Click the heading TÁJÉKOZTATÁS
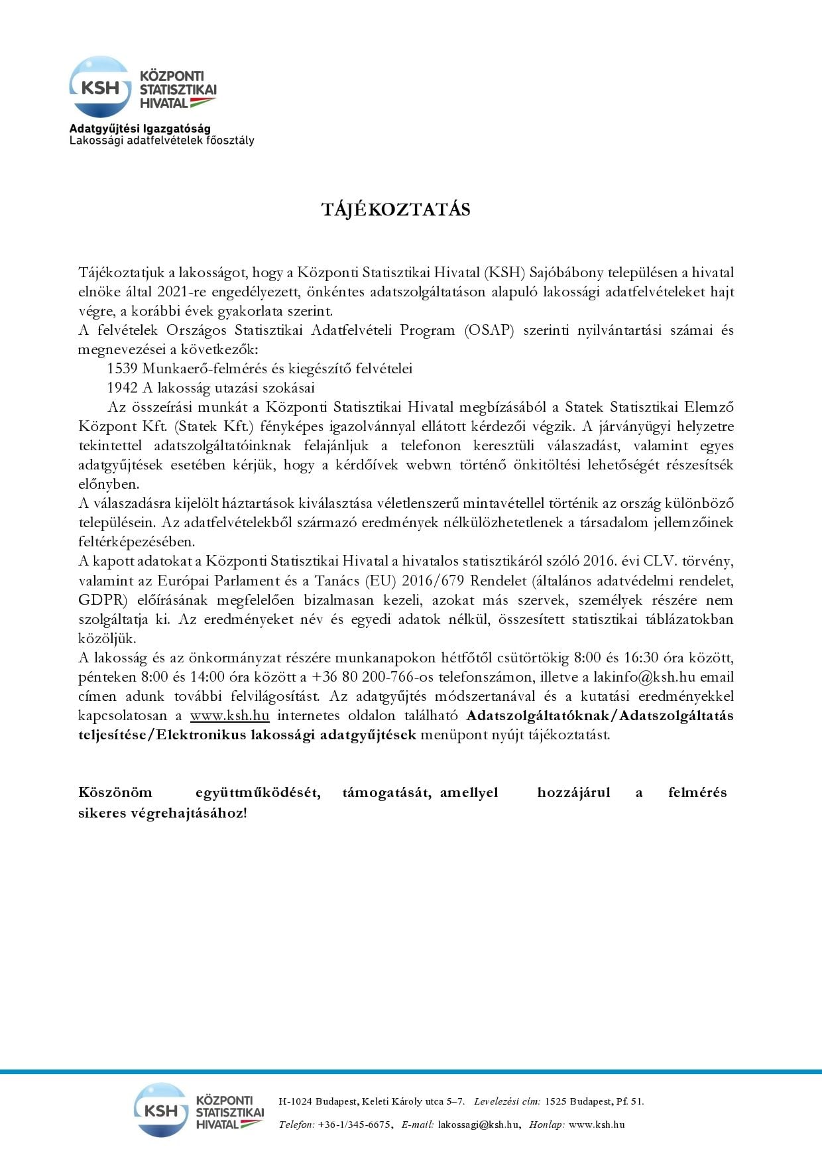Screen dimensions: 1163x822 click(396, 210)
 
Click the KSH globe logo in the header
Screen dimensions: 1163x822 click(100, 87)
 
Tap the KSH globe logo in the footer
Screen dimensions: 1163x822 click(161, 1110)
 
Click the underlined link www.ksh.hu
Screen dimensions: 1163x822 click(229, 715)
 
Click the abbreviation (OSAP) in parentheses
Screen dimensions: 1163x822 click(490, 330)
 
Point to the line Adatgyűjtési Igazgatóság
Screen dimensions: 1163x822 click(140, 129)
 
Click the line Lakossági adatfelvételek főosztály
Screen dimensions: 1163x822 click(162, 141)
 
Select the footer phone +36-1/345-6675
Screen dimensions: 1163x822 click(354, 1125)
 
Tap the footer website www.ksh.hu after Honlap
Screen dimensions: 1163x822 click(597, 1125)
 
